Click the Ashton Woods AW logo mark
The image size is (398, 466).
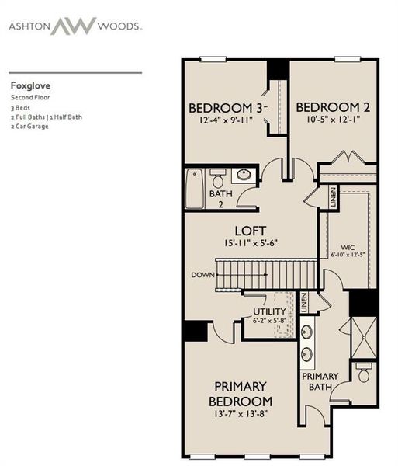coord(74,26)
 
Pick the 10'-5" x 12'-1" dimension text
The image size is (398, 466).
coord(332,120)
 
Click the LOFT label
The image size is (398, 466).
coord(251,231)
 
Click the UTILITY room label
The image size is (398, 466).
coord(271,311)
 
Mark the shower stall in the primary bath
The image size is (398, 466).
coord(364,334)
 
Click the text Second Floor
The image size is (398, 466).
coord(29,99)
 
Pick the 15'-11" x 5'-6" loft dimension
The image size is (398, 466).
coord(251,244)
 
